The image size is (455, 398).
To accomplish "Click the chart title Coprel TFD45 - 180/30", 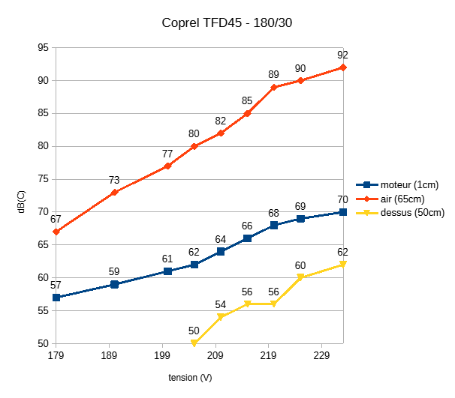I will (x=227, y=22).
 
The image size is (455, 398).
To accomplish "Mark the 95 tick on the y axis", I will (x=43, y=47).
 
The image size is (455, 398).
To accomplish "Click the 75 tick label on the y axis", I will (x=43, y=179).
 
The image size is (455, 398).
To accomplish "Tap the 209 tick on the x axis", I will (x=216, y=355).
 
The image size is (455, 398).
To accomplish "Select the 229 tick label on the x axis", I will (x=322, y=355).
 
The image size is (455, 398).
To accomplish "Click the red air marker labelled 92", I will (x=343, y=67).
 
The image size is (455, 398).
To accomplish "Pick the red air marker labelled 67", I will (x=56, y=232).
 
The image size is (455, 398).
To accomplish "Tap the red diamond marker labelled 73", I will (x=114, y=193).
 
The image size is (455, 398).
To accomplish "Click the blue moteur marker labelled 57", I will (x=56, y=298).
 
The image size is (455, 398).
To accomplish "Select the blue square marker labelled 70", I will (x=343, y=212).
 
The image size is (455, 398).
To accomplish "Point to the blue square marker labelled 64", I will (x=221, y=252).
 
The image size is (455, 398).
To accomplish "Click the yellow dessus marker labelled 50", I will (x=194, y=343).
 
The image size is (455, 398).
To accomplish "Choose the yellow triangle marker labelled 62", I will (x=343, y=265).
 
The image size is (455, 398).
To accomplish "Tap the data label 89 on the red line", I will (x=274, y=75).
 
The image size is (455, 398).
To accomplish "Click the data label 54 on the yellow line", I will (x=221, y=305).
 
